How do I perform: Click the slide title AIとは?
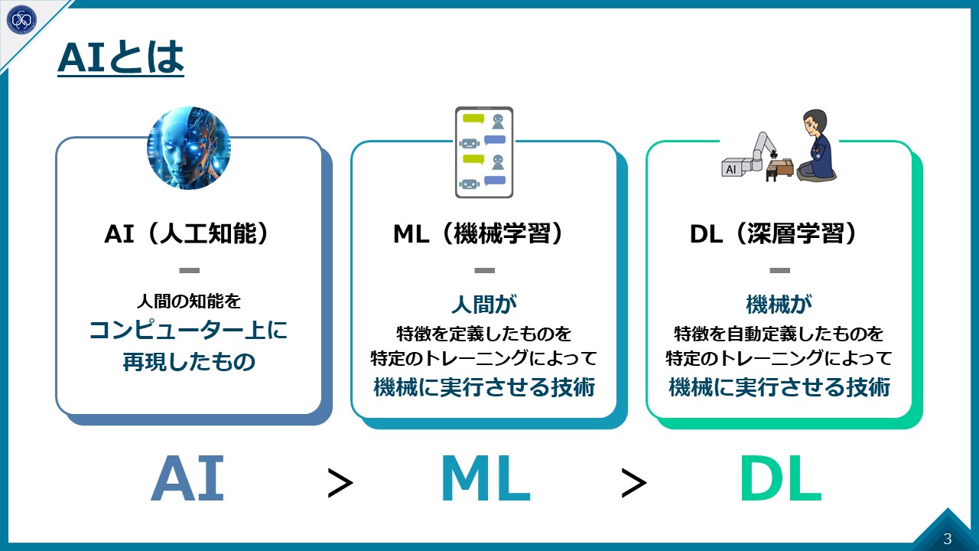(121, 60)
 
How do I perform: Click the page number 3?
(948, 538)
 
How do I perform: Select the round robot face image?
(189, 148)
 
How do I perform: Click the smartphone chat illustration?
(483, 152)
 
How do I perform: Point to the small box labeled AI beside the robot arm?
(732, 168)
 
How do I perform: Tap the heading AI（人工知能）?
(188, 234)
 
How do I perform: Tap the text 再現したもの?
(188, 361)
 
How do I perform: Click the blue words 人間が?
(483, 305)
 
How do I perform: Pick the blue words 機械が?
(779, 305)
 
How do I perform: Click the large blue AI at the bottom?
(188, 479)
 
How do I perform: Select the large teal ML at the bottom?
(485, 479)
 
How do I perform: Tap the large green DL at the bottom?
(780, 479)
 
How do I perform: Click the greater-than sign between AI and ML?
(340, 483)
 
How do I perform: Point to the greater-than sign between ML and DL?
(634, 483)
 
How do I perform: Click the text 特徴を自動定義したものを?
(779, 334)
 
